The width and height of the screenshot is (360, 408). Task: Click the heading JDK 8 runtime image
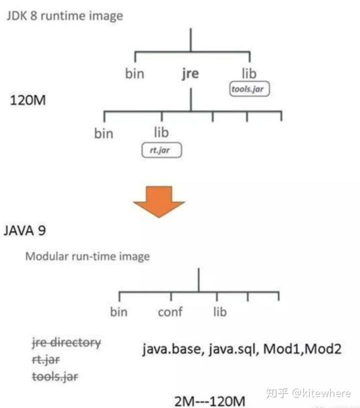coord(64,16)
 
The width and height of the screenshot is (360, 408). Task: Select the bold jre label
coord(190,74)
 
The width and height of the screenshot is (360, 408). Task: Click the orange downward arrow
coord(158,200)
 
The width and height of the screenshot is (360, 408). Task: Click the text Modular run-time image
coord(87,256)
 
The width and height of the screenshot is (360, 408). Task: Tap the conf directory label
coord(169,312)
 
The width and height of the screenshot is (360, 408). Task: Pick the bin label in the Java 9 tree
coord(119,312)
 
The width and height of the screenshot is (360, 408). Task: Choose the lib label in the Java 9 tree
coord(219,312)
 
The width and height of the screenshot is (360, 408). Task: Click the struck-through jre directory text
coord(66,343)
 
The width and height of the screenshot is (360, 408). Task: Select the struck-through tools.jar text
coord(54,375)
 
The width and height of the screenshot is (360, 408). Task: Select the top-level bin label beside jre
coord(134,74)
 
